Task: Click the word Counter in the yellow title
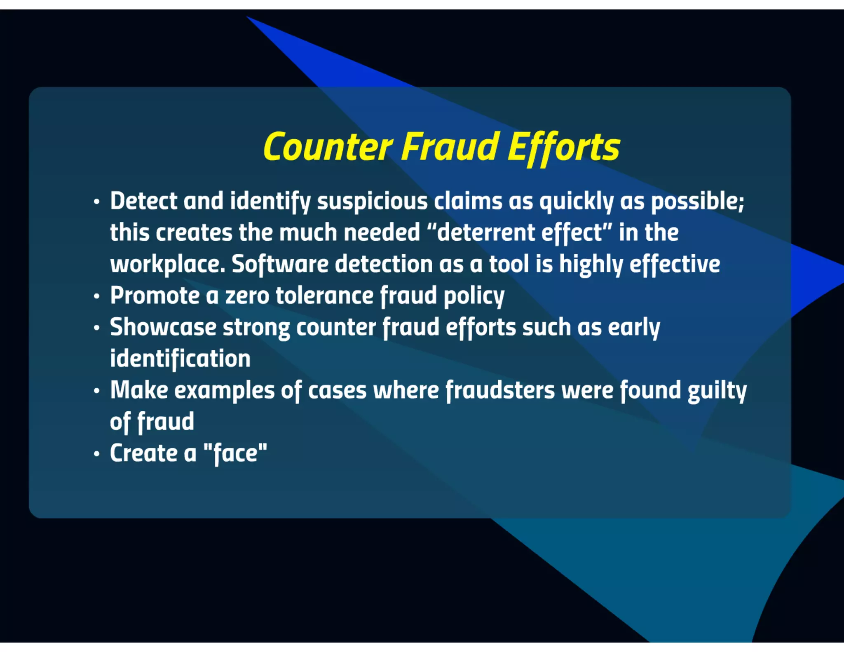328,147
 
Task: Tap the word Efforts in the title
563,147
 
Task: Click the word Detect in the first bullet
143,201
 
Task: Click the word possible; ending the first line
697,201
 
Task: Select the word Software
280,264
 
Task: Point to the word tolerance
324,296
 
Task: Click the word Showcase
163,327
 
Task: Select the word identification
180,359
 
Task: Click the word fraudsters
500,390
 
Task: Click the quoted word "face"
235,453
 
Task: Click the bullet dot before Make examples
96,391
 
